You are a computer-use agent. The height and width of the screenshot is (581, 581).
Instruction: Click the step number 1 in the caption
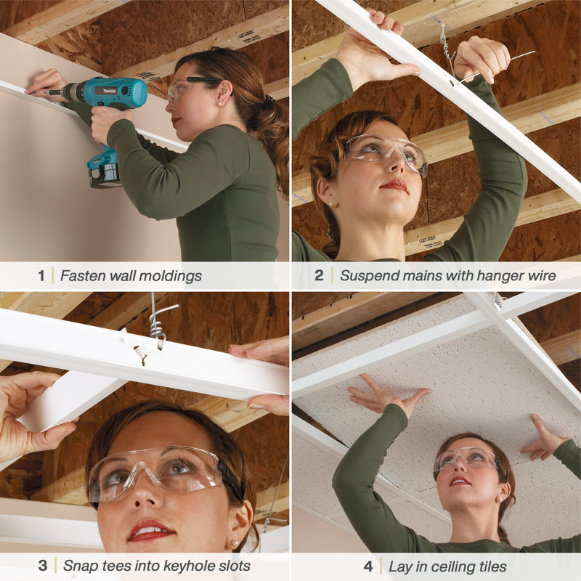pos(41,276)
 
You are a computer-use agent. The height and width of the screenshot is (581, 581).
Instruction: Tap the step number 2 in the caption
pos(320,276)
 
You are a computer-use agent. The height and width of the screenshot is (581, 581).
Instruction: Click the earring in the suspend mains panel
pos(331,205)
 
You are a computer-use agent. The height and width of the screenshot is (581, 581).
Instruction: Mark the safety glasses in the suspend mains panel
pos(385,150)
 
